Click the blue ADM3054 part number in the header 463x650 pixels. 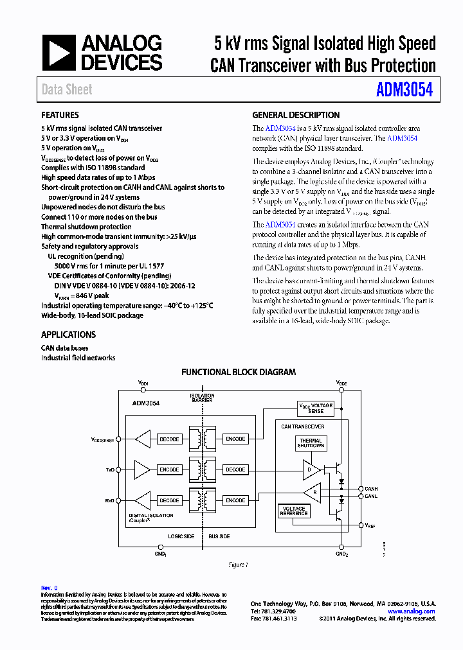pyautogui.click(x=404, y=90)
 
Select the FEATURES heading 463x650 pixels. pyautogui.click(x=60, y=116)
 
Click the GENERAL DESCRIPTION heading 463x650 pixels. pyautogui.click(x=296, y=116)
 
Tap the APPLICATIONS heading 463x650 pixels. pyautogui.click(x=68, y=335)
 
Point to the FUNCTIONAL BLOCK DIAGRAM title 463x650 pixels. pyautogui.click(x=239, y=372)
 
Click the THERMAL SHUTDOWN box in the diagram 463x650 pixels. pyautogui.click(x=311, y=444)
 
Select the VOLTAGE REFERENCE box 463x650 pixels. pyautogui.click(x=294, y=511)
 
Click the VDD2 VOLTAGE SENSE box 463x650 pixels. pyautogui.click(x=316, y=408)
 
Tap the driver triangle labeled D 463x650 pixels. pyautogui.click(x=310, y=470)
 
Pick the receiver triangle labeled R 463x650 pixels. pyautogui.click(x=313, y=493)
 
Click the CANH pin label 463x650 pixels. pyautogui.click(x=371, y=489)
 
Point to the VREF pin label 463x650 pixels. pyautogui.click(x=370, y=525)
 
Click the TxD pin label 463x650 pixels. pyautogui.click(x=110, y=470)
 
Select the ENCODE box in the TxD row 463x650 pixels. pyautogui.click(x=169, y=470)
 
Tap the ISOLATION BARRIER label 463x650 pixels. pyautogui.click(x=202, y=397)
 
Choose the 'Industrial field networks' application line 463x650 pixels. pyautogui.click(x=78, y=358)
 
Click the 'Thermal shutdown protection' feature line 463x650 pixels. pyautogui.click(x=86, y=227)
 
